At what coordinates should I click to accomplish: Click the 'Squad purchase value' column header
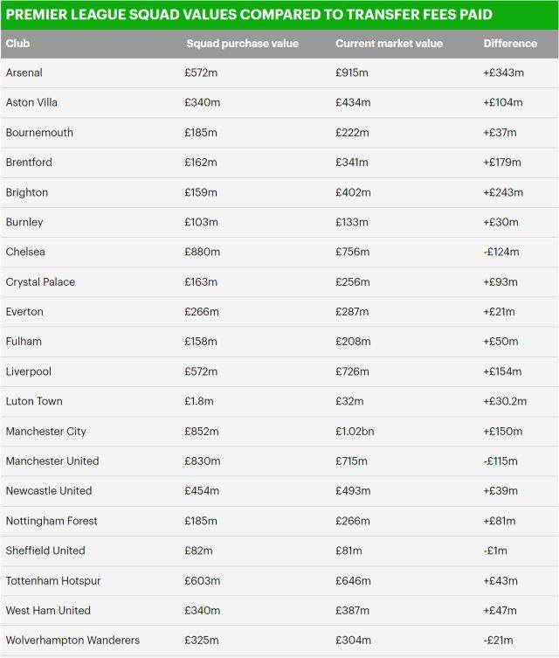click(242, 44)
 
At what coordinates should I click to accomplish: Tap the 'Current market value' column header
click(389, 44)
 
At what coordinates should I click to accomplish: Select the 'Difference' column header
click(510, 44)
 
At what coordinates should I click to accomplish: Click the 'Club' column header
click(17, 44)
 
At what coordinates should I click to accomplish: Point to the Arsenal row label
click(24, 73)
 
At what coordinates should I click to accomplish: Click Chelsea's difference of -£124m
click(501, 253)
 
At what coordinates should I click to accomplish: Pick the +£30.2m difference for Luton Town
click(505, 402)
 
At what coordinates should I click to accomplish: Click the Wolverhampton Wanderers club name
click(72, 641)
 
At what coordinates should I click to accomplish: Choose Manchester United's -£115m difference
click(500, 461)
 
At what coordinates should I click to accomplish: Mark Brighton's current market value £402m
click(353, 192)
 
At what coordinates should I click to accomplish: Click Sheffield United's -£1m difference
click(495, 551)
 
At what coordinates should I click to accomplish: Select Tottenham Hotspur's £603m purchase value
click(202, 581)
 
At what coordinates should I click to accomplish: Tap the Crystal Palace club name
click(40, 282)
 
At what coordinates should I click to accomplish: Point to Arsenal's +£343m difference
click(503, 73)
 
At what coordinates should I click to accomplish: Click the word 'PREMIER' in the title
click(38, 15)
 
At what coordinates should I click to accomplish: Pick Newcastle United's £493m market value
click(353, 491)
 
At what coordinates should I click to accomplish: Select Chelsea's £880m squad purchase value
click(202, 253)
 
